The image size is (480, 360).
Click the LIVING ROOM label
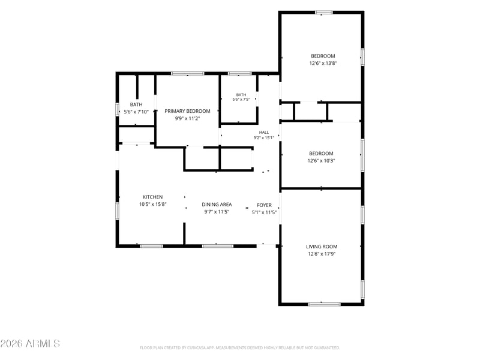(x=322, y=247)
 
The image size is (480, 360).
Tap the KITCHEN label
(x=153, y=197)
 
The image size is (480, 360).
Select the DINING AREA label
(x=217, y=205)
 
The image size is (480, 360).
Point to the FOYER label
(x=264, y=205)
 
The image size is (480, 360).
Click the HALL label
(x=264, y=132)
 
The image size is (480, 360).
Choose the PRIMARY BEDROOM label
(x=187, y=111)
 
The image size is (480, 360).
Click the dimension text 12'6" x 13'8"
(x=323, y=64)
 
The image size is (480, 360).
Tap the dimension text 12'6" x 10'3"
(x=321, y=161)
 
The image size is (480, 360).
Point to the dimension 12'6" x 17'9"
(x=322, y=254)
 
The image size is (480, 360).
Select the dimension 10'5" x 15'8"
(x=153, y=204)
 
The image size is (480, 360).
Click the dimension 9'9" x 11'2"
(x=187, y=118)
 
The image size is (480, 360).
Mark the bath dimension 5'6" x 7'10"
(x=136, y=112)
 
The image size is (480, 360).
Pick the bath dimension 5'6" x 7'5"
(x=241, y=99)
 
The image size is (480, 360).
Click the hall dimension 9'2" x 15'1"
(x=264, y=138)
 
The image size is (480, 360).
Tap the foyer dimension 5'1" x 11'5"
(x=264, y=212)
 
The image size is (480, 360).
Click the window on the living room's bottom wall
(x=324, y=304)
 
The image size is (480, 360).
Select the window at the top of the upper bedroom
(x=324, y=13)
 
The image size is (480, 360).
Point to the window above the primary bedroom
(x=188, y=73)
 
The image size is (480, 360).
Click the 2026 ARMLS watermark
(x=30, y=343)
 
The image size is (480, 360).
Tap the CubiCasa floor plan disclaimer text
(x=239, y=348)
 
